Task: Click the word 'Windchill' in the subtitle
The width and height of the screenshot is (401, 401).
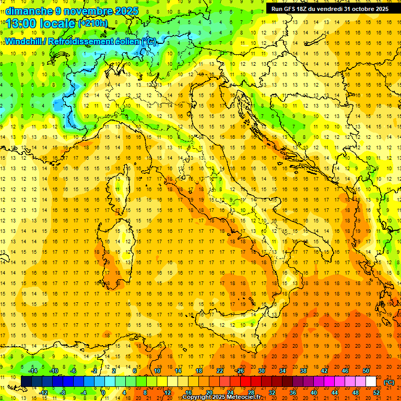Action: point(23,41)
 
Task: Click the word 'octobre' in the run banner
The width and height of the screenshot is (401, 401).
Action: point(360,9)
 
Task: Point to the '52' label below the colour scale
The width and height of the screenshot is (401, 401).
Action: point(376,393)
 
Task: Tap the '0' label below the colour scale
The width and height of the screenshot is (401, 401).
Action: point(103,393)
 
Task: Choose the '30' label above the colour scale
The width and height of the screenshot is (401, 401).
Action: point(261,371)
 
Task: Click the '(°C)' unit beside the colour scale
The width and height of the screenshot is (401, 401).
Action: point(389,382)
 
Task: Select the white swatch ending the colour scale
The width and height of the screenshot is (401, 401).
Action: point(371,382)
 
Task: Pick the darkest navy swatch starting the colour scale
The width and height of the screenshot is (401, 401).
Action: point(26,382)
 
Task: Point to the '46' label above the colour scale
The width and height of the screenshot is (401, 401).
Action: point(345,371)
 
